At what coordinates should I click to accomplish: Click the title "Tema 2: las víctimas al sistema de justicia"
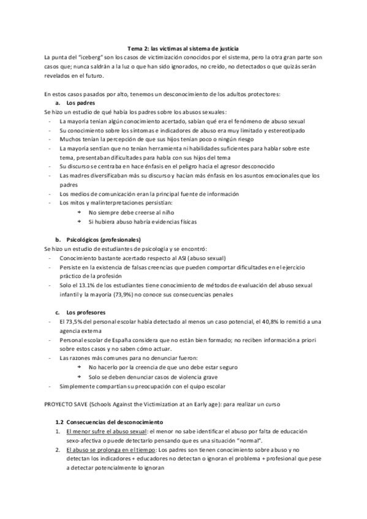183,48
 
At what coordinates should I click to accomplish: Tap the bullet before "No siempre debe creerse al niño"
79,212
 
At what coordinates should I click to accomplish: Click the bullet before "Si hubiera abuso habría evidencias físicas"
79,221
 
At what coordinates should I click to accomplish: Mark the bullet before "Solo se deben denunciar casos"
79,376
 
